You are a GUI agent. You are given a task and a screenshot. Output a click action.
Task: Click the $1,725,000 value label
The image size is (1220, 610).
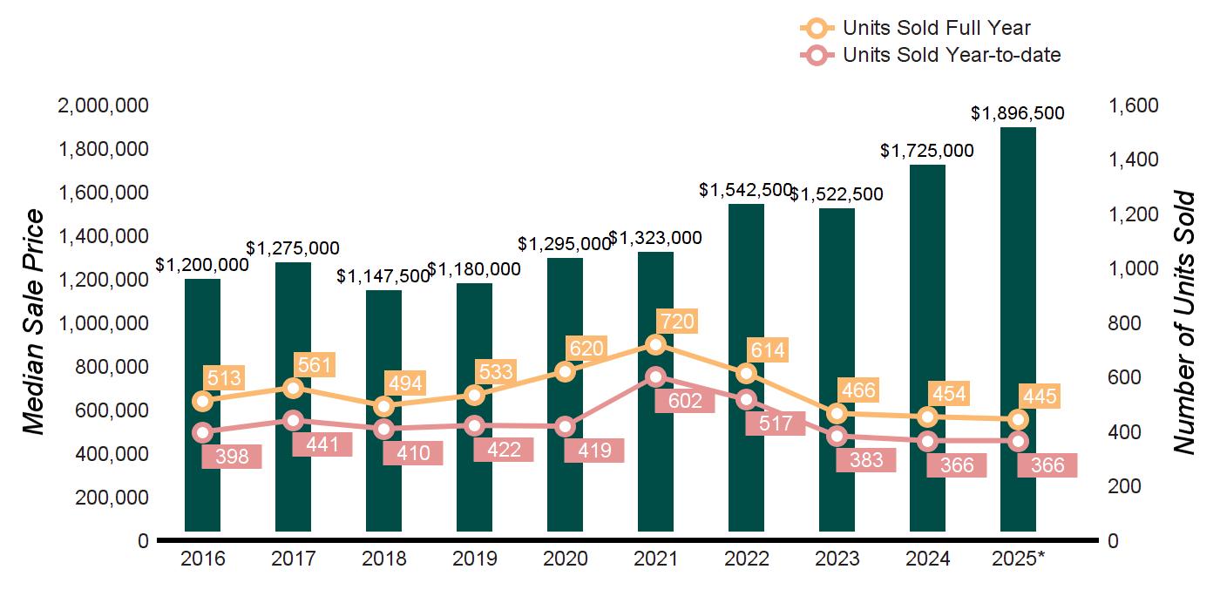(927, 151)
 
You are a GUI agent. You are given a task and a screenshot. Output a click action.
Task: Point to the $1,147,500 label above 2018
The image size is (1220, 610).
(383, 276)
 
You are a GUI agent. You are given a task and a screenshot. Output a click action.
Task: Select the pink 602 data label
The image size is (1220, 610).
(685, 401)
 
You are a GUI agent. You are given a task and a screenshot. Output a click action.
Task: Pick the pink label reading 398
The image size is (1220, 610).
(231, 457)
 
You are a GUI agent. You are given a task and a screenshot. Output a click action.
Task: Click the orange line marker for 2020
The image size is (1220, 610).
(565, 371)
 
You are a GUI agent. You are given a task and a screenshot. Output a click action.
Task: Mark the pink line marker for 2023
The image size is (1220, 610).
(837, 437)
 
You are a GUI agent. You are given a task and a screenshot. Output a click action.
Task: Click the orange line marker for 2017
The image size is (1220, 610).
(294, 388)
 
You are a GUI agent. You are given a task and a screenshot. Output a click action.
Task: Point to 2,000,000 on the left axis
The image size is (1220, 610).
(103, 106)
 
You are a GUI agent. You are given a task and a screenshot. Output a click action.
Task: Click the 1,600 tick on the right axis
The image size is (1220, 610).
(1134, 106)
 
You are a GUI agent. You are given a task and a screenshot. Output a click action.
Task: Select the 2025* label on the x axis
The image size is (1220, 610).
(1018, 559)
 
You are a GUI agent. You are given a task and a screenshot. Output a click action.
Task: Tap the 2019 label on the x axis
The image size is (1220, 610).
(474, 559)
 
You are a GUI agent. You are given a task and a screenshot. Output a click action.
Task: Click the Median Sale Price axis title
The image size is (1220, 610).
(33, 322)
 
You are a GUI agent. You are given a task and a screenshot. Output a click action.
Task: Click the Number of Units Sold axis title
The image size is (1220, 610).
(1184, 322)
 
